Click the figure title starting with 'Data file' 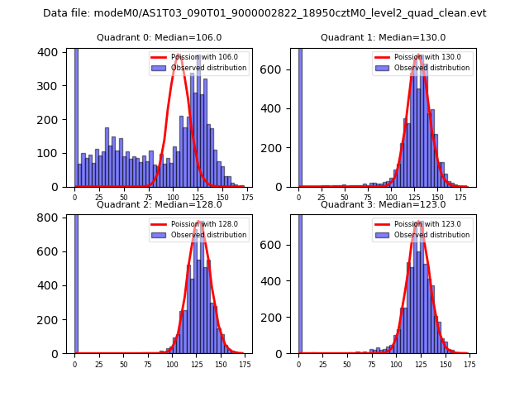pos(264,13)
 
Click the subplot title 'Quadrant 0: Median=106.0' pos(160,37)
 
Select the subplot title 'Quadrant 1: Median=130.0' pos(384,37)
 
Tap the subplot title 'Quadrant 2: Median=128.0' pos(160,204)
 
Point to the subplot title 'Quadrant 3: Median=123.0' pos(384,204)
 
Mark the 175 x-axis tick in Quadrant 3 pos(469,363)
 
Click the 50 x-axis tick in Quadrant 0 pos(124,197)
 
